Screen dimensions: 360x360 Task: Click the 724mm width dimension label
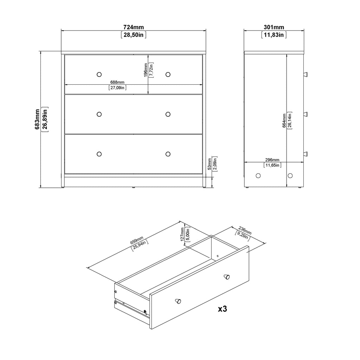(133, 27)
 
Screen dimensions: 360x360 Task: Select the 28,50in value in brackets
(133, 35)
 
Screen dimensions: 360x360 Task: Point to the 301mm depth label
(274, 27)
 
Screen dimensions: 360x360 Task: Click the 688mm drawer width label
(118, 82)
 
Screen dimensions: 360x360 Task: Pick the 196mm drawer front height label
(145, 70)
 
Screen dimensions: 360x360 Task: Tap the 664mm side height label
(284, 121)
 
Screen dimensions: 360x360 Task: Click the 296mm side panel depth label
(272, 160)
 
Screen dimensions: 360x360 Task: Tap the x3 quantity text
(223, 309)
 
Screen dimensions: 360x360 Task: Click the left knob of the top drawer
(99, 74)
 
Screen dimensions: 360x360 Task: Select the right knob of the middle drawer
(168, 114)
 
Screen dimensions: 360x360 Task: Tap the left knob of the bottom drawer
(99, 154)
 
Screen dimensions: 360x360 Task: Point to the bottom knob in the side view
(305, 154)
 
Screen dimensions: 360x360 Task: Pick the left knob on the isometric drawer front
(179, 301)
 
